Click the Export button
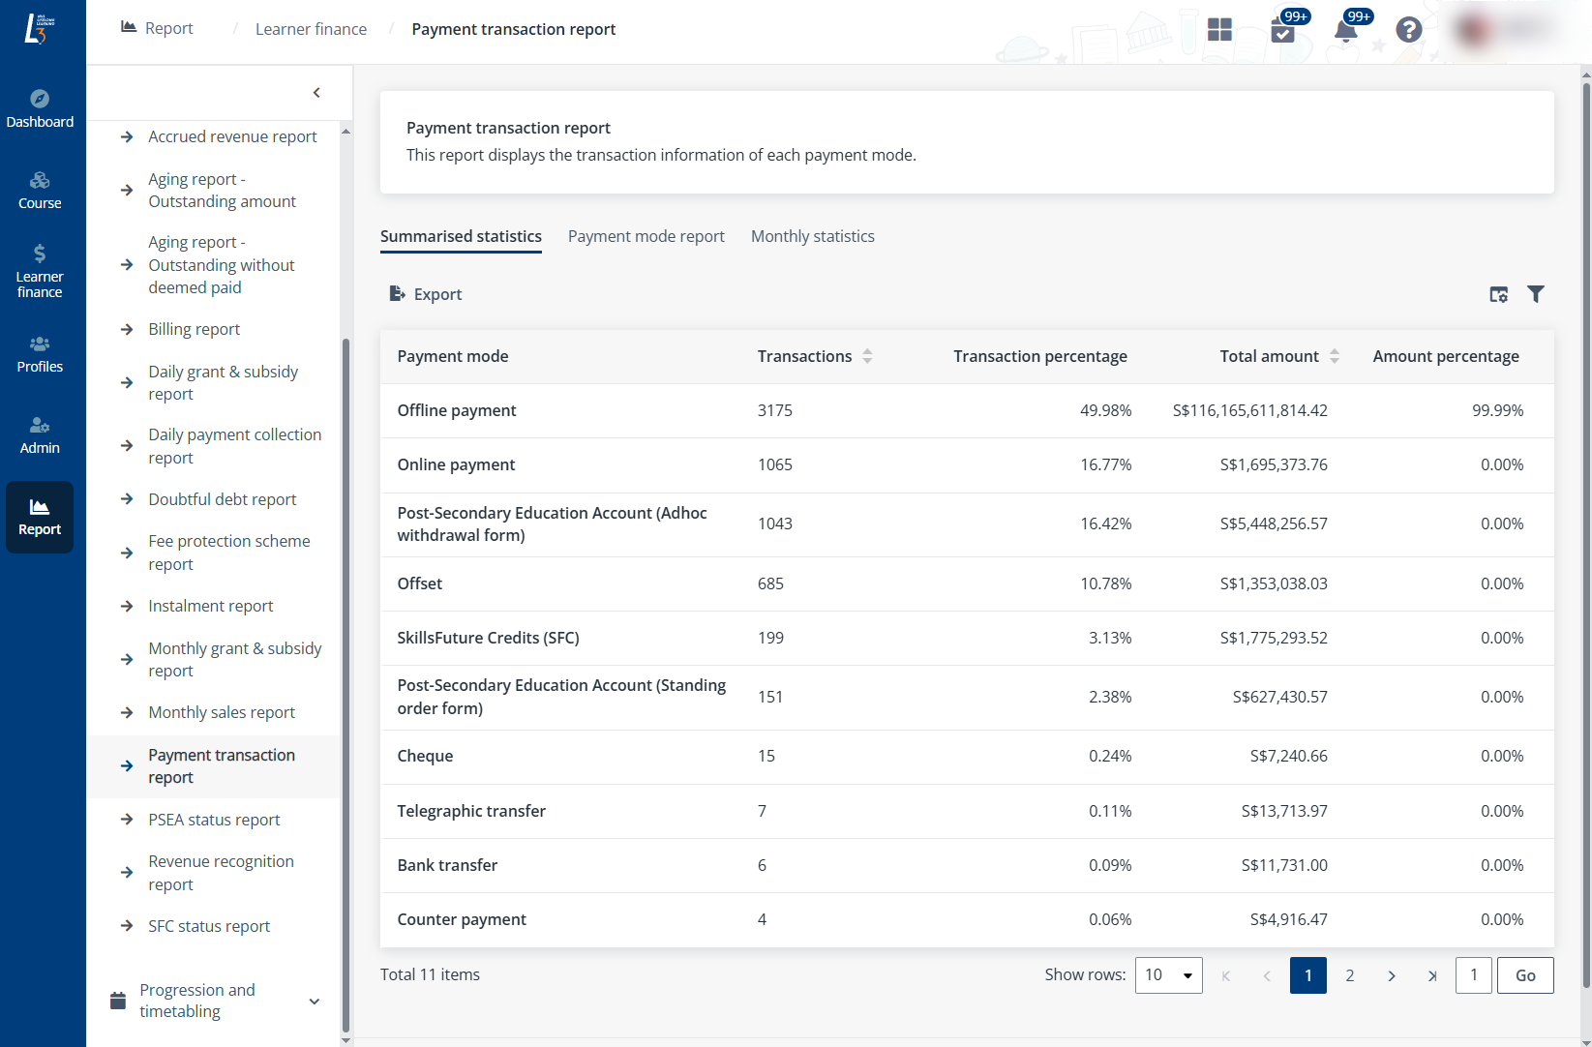tap(426, 294)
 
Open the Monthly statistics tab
tap(812, 236)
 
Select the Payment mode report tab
tap(646, 236)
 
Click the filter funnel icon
tap(1535, 294)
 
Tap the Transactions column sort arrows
tap(867, 356)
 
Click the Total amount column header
tap(1268, 356)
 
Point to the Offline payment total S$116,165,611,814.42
tap(1249, 410)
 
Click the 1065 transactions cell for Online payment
tap(774, 464)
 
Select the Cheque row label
tap(425, 756)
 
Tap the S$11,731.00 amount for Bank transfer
tap(1283, 865)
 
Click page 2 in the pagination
tap(1349, 975)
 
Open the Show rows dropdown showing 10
tap(1168, 975)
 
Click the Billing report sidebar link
tap(194, 329)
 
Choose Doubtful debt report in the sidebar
tap(222, 499)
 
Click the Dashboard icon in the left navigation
tap(40, 107)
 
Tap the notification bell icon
tap(1345, 30)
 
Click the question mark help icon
tap(1408, 30)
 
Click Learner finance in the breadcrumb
tap(311, 29)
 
